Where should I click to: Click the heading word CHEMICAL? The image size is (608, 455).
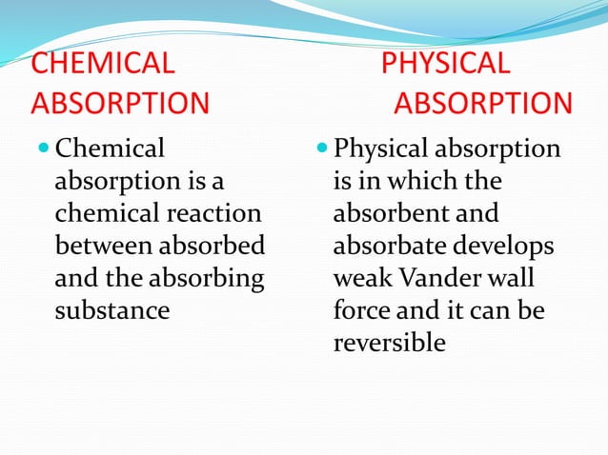(103, 64)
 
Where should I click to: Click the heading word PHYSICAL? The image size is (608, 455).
(446, 64)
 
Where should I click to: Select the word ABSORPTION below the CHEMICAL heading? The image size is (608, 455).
(120, 102)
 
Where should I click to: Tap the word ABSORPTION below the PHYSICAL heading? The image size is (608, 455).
(484, 102)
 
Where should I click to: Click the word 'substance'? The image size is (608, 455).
(112, 310)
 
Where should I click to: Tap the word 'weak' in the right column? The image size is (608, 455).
(361, 279)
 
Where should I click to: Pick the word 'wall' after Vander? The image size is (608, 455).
(513, 279)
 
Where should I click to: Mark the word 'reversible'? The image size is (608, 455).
(389, 343)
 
